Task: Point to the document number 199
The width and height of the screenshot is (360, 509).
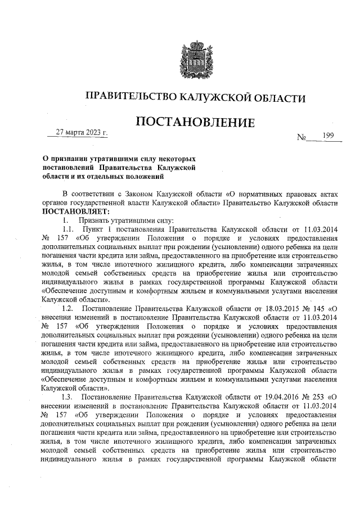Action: (x=328, y=136)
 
